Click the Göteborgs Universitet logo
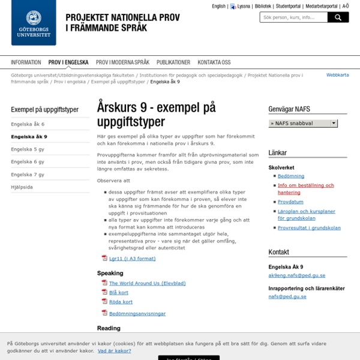pyautogui.click(x=34, y=23)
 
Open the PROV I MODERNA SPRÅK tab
pyautogui.click(x=122, y=62)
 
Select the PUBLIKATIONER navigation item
pyautogui.click(x=173, y=62)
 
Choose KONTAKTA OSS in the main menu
pyautogui.click(x=214, y=62)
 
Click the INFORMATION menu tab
pyautogui.click(x=26, y=62)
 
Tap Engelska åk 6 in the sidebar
pyautogui.click(x=28, y=124)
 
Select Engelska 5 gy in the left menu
pyautogui.click(x=28, y=149)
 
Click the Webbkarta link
pyautogui.click(x=337, y=75)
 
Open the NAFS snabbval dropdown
pyautogui.click(x=302, y=123)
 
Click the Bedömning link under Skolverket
pyautogui.click(x=291, y=176)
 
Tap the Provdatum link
pyautogui.click(x=291, y=202)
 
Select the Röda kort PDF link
pyautogui.click(x=121, y=302)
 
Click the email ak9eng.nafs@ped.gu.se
pyautogui.click(x=297, y=275)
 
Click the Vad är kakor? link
pyautogui.click(x=115, y=350)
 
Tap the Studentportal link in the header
pyautogui.click(x=287, y=6)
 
